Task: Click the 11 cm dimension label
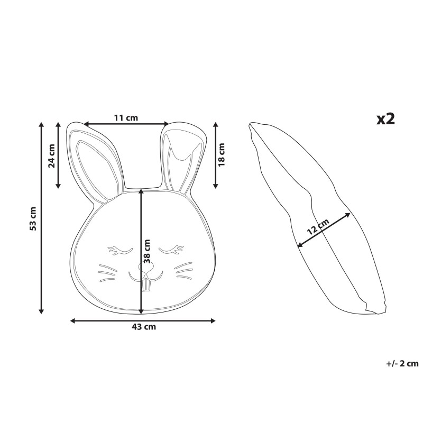[x=126, y=118]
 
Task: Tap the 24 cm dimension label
[x=51, y=155]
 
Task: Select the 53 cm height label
[x=33, y=218]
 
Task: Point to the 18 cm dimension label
[x=222, y=154]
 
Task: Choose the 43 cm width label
[x=144, y=327]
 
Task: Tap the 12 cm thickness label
[x=318, y=226]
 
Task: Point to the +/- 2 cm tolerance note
[x=402, y=363]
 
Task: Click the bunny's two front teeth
[x=146, y=284]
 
